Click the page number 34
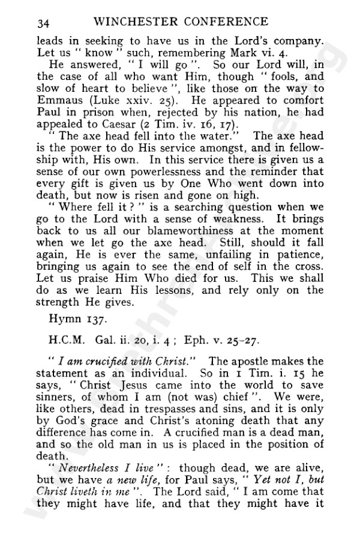point(42,23)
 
